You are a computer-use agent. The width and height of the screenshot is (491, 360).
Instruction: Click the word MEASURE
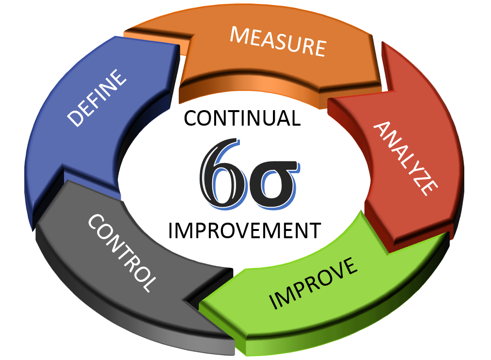[277, 41]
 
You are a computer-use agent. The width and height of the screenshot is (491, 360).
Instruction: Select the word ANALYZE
[406, 157]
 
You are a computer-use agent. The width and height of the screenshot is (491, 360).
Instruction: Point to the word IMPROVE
[313, 283]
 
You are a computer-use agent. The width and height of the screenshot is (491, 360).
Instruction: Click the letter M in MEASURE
[240, 35]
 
